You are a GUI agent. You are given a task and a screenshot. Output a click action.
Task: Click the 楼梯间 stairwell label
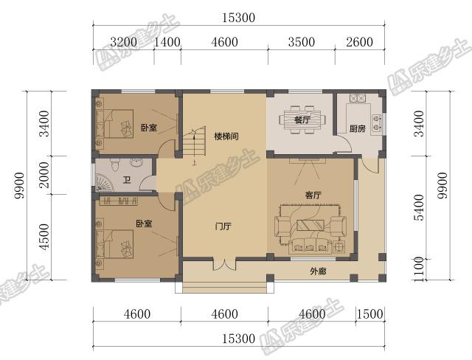226,136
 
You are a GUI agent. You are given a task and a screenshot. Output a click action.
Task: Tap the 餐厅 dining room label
302,119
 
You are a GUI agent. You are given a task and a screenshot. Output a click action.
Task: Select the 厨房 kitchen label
357,128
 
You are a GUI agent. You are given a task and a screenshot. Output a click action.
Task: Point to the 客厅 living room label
313,195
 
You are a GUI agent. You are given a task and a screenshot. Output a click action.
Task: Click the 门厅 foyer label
223,226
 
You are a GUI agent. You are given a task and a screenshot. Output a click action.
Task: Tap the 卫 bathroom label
127,180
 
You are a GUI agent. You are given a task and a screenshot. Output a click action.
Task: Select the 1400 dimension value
167,42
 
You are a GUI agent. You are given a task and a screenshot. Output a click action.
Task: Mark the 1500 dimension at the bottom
369,314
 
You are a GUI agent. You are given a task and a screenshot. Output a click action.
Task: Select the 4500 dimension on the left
45,237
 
